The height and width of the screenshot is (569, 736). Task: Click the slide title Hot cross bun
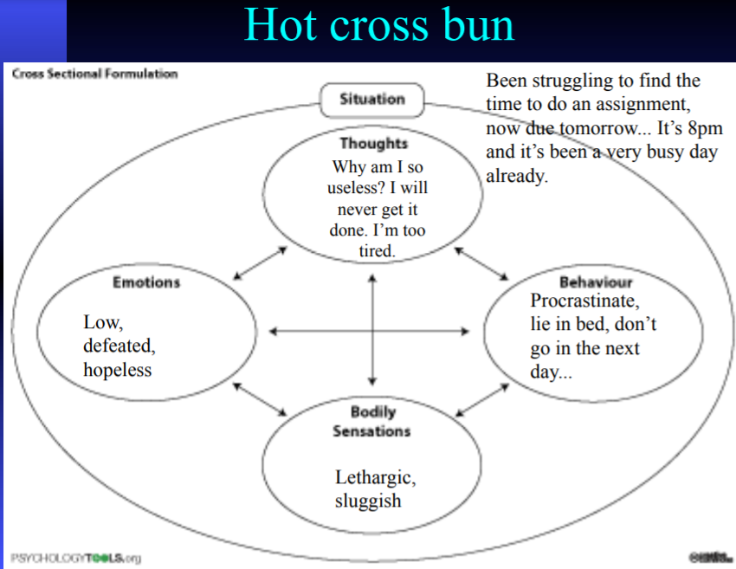379,25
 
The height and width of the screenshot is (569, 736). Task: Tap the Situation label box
372,100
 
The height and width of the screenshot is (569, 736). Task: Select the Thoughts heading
373,143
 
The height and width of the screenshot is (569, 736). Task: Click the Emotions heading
146,282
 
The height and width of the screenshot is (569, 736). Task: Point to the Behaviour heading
596,282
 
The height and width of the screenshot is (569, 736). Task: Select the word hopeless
117,370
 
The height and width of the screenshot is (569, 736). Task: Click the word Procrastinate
584,302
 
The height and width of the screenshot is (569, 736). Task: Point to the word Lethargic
375,477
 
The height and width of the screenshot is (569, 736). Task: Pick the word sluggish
368,501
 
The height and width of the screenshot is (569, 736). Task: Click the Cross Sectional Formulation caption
94,74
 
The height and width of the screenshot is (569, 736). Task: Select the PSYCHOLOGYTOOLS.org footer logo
75,557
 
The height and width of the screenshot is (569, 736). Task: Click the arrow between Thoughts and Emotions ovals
260,263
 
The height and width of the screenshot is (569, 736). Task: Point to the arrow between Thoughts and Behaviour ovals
482,263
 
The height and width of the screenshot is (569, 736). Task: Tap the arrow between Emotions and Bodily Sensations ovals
260,399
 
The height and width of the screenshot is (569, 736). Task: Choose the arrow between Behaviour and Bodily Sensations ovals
482,399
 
